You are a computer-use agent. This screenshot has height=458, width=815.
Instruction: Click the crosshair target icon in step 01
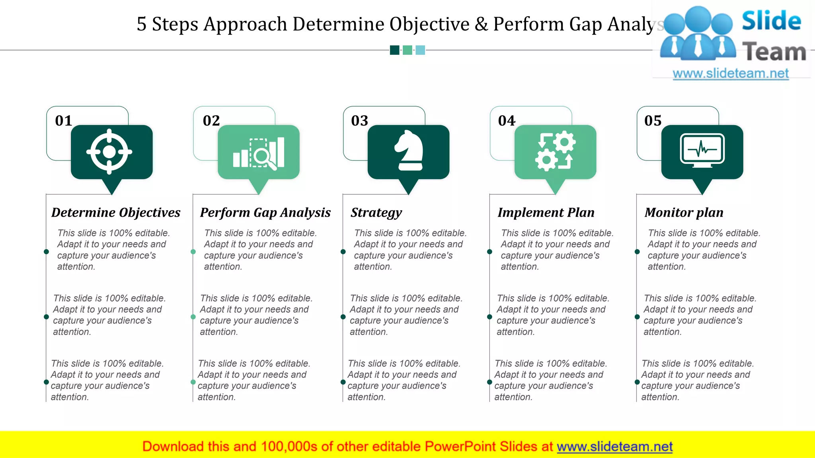coord(109,152)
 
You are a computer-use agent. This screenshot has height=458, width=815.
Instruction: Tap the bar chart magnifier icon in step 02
coord(259,153)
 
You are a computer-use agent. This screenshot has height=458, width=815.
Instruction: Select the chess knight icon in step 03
coord(409,151)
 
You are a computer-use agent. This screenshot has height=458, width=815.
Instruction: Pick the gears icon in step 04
coord(555,151)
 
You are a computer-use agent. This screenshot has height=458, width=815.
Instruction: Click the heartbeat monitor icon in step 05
coord(702,150)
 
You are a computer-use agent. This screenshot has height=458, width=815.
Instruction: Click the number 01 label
coord(64,120)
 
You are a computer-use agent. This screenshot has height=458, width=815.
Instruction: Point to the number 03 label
coord(360,120)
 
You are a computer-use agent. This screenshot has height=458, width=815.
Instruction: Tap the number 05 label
coord(653,120)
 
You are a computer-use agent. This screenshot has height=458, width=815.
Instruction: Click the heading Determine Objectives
coord(116,213)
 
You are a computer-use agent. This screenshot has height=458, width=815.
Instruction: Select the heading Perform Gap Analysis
coord(265,213)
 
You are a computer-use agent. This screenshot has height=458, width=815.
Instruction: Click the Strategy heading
coord(376,213)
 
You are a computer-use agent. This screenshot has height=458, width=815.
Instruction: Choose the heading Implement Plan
coord(546,213)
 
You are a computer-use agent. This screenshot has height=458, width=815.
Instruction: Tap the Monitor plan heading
coord(684,213)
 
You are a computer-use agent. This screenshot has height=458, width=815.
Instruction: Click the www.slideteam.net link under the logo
coord(731,74)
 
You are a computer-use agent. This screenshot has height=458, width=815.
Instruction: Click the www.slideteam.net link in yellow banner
coord(615,447)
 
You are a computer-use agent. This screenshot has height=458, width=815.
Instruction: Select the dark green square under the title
coord(394,50)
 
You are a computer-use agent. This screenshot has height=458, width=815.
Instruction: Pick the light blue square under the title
coord(420,50)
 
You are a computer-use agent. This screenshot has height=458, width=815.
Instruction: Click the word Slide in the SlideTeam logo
coord(771,21)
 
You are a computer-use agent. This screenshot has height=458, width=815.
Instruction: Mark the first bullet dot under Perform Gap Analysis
coord(193,252)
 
